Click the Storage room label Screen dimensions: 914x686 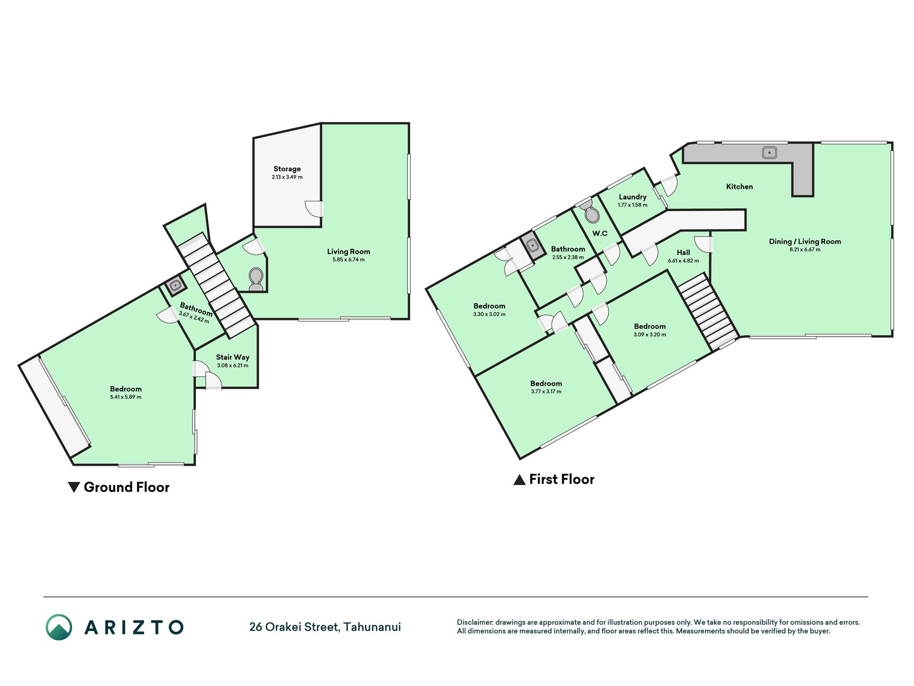tap(287, 169)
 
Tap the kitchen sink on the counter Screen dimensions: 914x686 tap(769, 153)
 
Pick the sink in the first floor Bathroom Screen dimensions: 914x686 tap(533, 245)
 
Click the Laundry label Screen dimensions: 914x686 tap(632, 197)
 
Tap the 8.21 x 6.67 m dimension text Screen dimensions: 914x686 tap(805, 249)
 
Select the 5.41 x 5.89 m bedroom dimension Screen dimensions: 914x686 tap(126, 397)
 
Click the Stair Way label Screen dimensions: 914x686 tap(233, 357)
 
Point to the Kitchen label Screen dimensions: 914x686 tap(739, 187)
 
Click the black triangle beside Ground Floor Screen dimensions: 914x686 tap(74, 487)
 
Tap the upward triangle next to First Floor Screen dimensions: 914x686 tap(519, 480)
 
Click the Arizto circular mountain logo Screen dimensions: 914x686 tap(59, 627)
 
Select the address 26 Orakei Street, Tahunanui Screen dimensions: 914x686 tap(325, 627)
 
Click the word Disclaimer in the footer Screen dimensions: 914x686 tap(474, 622)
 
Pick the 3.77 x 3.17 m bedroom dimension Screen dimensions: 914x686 tap(546, 392)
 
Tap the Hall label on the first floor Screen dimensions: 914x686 tap(683, 252)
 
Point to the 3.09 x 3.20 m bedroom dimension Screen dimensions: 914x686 tap(650, 334)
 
